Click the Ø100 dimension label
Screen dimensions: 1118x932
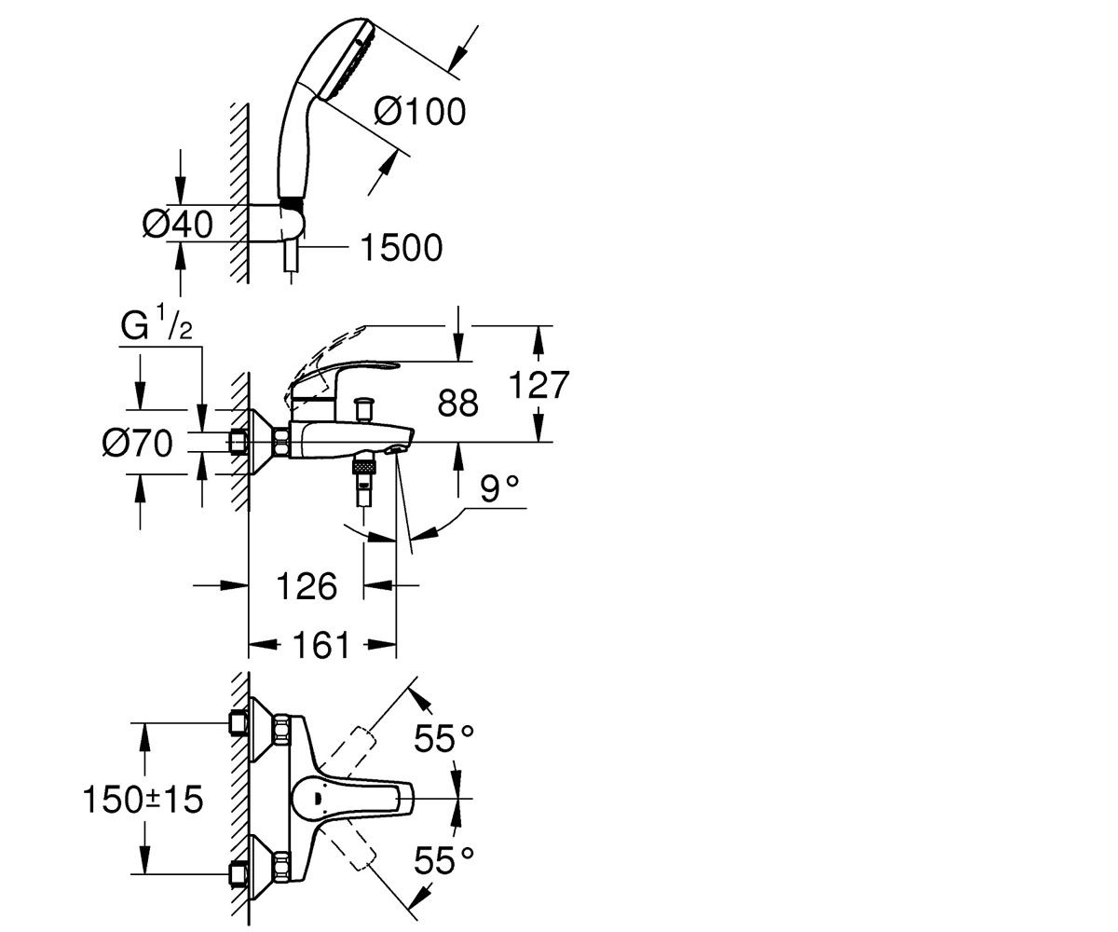(420, 112)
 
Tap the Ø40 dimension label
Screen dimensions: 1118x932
(178, 224)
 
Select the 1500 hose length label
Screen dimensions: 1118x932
(402, 248)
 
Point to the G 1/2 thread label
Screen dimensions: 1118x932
(157, 324)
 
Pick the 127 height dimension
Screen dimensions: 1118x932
(539, 385)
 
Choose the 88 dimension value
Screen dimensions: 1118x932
(457, 403)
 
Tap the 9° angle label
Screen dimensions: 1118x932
(499, 488)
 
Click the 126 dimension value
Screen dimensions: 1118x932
(307, 586)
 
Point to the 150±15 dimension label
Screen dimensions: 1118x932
(143, 800)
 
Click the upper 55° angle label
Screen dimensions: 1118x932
(443, 739)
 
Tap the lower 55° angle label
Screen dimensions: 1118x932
(443, 859)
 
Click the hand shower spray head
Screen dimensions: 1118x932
(348, 59)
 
